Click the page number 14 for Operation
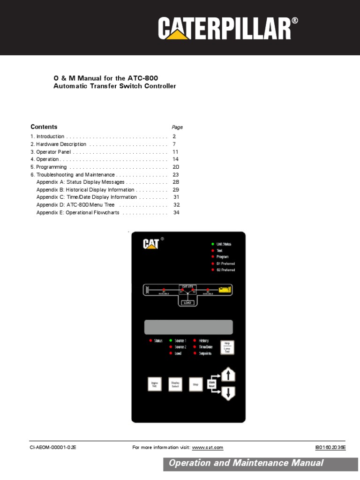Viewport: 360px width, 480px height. pyautogui.click(x=176, y=159)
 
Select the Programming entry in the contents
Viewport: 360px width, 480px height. pyautogui.click(x=52, y=167)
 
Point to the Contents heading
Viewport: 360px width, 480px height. pyautogui.click(x=44, y=127)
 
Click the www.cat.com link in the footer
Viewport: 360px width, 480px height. pyautogui.click(x=208, y=448)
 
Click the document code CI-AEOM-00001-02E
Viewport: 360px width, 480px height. pyautogui.click(x=53, y=448)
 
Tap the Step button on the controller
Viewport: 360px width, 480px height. pyautogui.click(x=196, y=384)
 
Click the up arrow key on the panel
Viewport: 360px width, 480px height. pyautogui.click(x=228, y=375)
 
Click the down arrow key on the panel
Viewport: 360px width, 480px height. pyautogui.click(x=228, y=394)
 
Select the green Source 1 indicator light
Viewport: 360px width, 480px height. pyautogui.click(x=171, y=340)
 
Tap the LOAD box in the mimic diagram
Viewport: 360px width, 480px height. pyautogui.click(x=188, y=302)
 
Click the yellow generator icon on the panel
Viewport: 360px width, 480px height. pyautogui.click(x=225, y=291)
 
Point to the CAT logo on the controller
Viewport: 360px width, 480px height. pyautogui.click(x=151, y=244)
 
